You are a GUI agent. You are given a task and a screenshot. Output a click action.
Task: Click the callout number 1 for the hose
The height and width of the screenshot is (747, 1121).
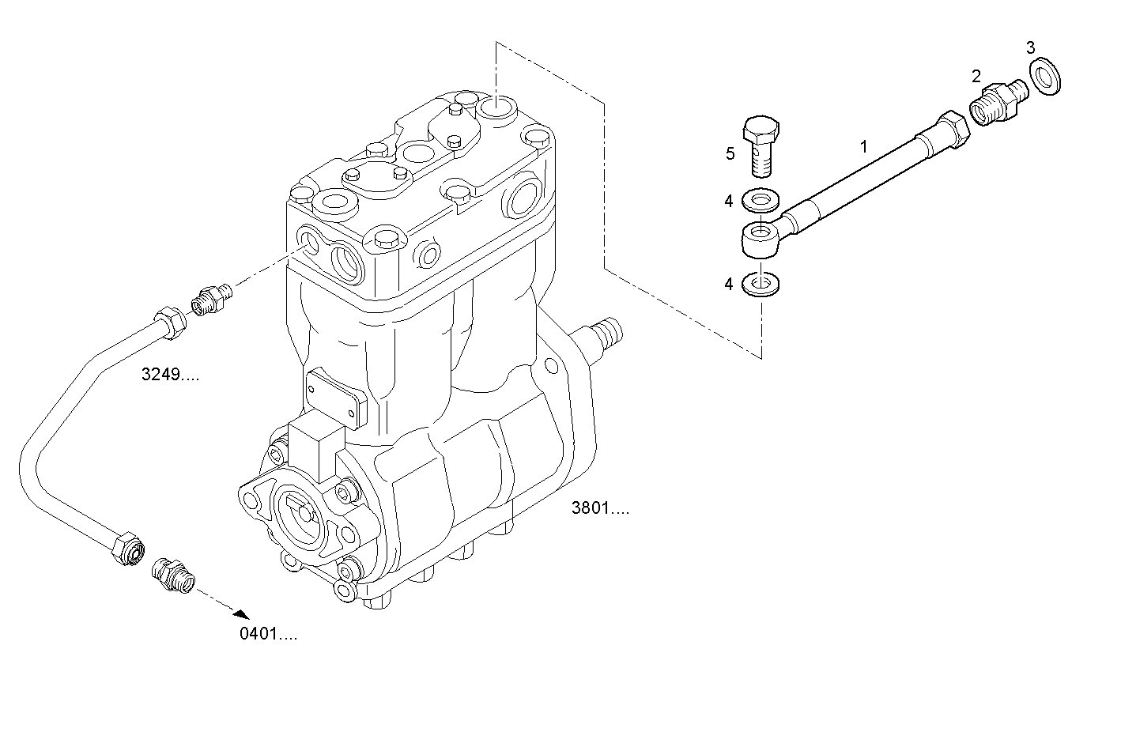(x=864, y=146)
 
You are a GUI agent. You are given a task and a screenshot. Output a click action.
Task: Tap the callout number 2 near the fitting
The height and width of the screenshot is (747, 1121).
(x=976, y=76)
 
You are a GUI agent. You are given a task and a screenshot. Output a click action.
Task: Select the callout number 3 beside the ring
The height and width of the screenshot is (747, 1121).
(x=1030, y=47)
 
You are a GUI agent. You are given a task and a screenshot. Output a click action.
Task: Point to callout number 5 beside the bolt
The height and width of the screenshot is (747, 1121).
(x=730, y=153)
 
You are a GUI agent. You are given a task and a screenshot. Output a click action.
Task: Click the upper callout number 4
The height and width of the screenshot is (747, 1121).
(x=729, y=202)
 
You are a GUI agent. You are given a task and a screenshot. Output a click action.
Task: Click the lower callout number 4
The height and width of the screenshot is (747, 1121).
(x=729, y=284)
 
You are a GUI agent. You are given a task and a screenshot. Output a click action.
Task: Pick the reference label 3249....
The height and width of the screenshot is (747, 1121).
(x=170, y=375)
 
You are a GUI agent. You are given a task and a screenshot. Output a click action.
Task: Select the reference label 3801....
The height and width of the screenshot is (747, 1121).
(x=601, y=508)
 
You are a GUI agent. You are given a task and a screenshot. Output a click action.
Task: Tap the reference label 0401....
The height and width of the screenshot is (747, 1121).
(x=269, y=634)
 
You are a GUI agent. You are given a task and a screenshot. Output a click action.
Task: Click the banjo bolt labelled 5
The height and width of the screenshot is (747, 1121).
(x=761, y=145)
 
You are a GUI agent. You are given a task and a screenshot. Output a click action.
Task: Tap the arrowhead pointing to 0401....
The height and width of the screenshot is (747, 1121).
(x=240, y=613)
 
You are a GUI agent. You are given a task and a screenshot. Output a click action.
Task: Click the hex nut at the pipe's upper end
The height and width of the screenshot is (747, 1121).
(x=169, y=323)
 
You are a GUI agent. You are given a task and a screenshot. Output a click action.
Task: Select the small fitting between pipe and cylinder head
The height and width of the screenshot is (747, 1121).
(x=210, y=300)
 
